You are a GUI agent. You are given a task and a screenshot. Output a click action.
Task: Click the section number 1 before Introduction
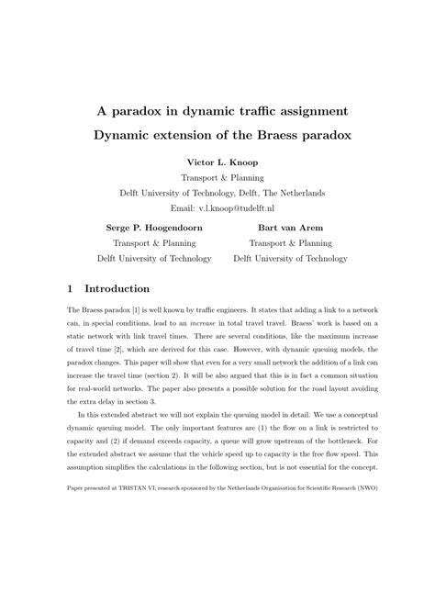coord(72,287)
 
